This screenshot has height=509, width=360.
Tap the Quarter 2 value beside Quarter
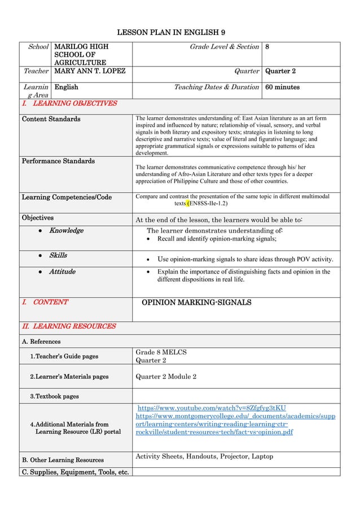point(282,72)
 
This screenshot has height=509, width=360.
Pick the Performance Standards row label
point(58,161)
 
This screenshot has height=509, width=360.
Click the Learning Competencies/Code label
point(67,197)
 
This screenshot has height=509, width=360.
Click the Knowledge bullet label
point(66,230)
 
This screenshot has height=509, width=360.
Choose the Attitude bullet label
point(62,271)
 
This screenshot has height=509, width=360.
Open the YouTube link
point(212,407)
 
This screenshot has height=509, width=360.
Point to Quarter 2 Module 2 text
point(166,377)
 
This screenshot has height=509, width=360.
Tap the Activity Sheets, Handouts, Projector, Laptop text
point(204,457)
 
